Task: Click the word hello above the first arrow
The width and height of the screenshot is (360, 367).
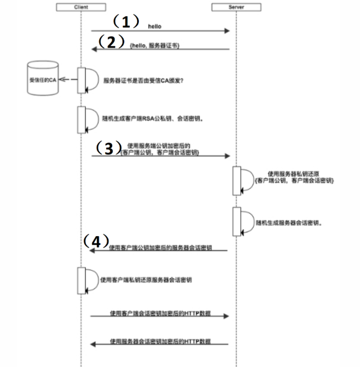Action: [x=155, y=26]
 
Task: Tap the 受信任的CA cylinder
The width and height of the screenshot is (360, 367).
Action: [x=42, y=79]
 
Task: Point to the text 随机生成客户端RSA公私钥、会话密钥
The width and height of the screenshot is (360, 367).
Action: [x=146, y=119]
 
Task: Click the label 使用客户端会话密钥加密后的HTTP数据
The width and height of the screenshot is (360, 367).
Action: [x=160, y=313]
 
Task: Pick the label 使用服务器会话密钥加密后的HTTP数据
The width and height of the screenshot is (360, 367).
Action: [x=160, y=341]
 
